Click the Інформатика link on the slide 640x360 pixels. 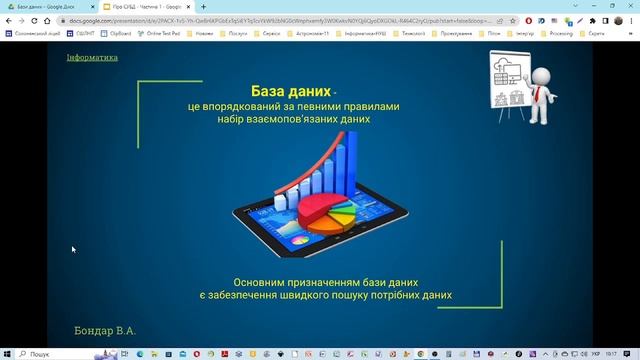tap(92, 58)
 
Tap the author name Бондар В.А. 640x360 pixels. tap(104, 330)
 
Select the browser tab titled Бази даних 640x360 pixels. tap(45, 6)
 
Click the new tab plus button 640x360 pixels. tap(203, 6)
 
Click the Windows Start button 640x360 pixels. tap(7, 354)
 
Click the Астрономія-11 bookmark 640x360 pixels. tap(307, 33)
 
